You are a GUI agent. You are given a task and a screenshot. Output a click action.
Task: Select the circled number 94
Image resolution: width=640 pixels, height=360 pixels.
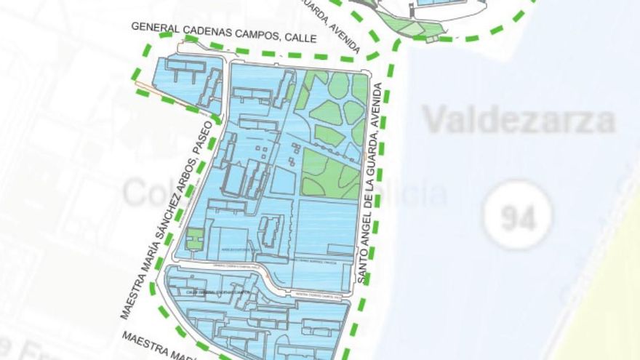pyautogui.click(x=518, y=215)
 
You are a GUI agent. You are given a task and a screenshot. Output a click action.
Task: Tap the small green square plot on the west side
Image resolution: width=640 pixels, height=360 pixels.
pyautogui.click(x=194, y=239)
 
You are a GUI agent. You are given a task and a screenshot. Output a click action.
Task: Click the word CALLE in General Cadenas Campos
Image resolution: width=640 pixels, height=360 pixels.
pyautogui.click(x=300, y=38)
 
